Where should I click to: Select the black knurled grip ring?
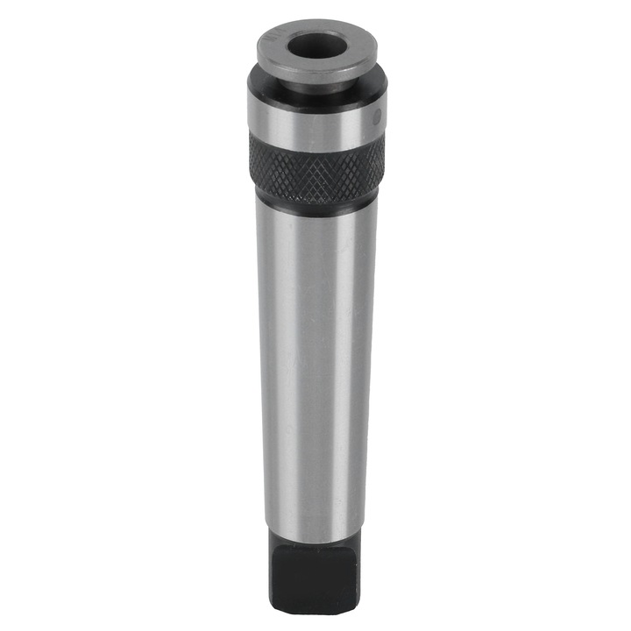coord(315,167)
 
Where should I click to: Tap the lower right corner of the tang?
coord(354,608)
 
